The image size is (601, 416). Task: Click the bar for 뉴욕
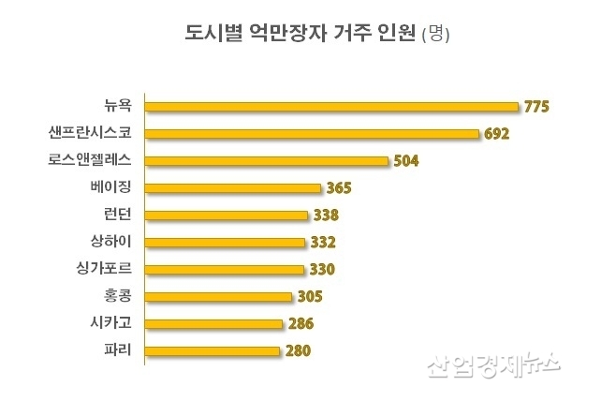pyautogui.click(x=332, y=106)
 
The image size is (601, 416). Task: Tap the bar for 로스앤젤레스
pyautogui.click(x=266, y=160)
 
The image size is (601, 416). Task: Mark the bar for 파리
pyautogui.click(x=213, y=351)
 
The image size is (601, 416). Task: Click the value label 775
pyautogui.click(x=535, y=107)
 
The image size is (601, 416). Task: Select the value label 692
pyautogui.click(x=496, y=134)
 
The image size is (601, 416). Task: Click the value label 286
pyautogui.click(x=300, y=324)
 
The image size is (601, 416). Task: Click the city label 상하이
pyautogui.click(x=114, y=242)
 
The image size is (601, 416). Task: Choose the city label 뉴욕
pyautogui.click(x=119, y=106)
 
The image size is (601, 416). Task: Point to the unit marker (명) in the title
pyautogui.click(x=437, y=37)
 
